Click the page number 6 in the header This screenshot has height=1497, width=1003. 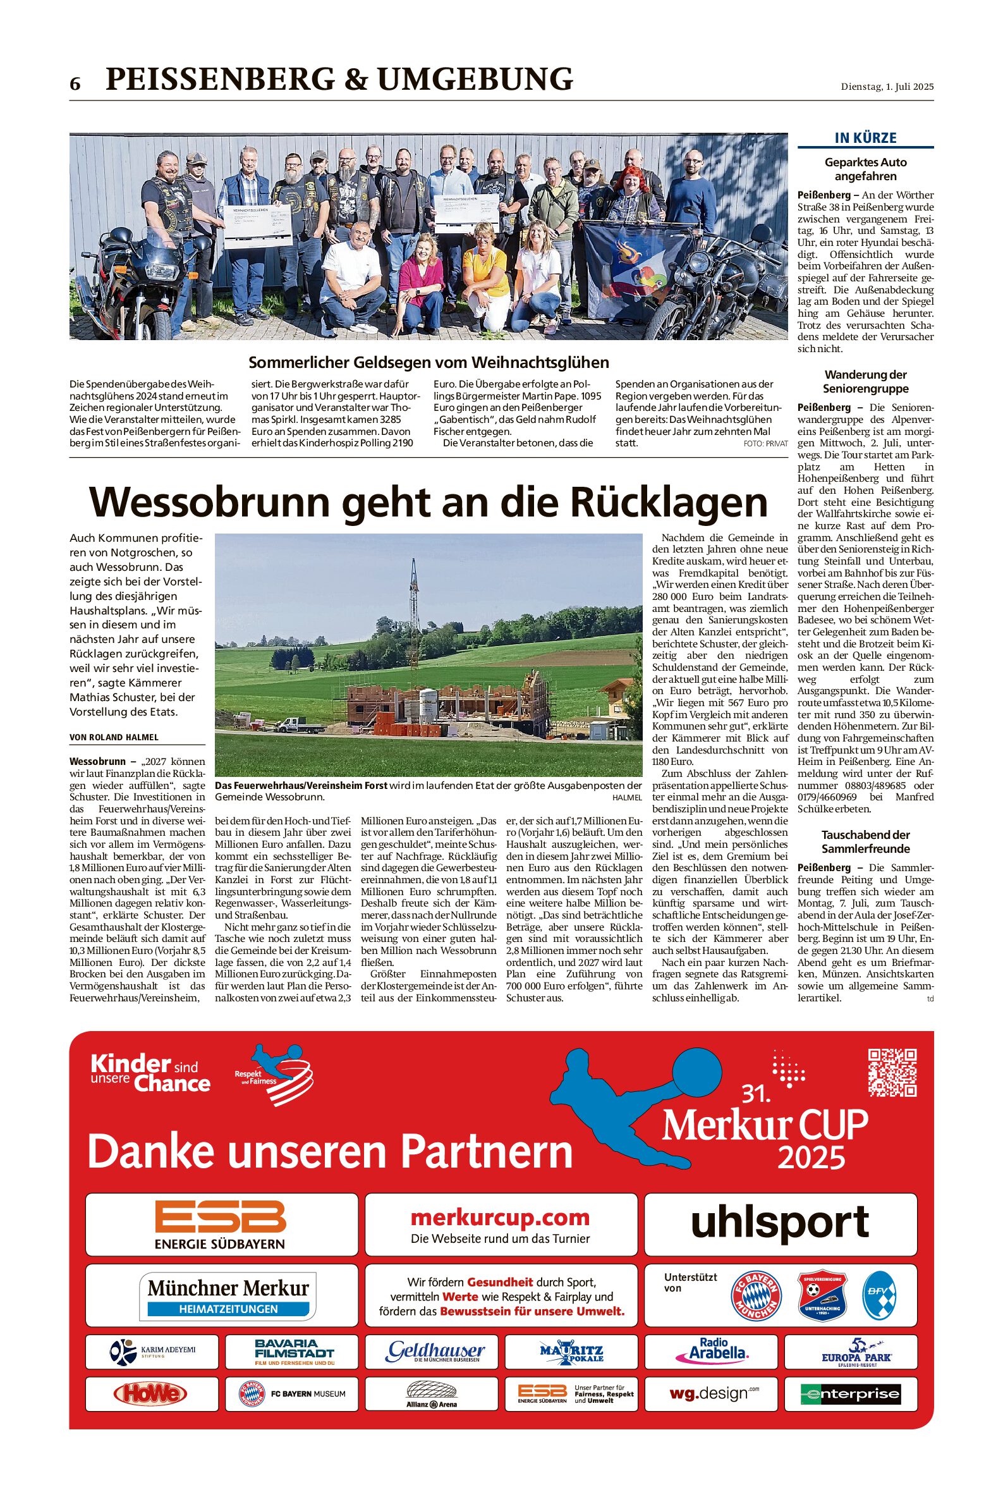pyautogui.click(x=75, y=84)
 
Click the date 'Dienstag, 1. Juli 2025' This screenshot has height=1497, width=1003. pyautogui.click(x=887, y=87)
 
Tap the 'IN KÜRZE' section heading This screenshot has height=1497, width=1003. pyautogui.click(x=865, y=138)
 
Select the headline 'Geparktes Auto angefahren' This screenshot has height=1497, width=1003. pyautogui.click(x=865, y=169)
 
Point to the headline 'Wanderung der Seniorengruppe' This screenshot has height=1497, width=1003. pyautogui.click(x=865, y=381)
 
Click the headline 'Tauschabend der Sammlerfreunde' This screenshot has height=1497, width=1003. pyautogui.click(x=865, y=841)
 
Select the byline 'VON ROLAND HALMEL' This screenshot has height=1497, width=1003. pyautogui.click(x=114, y=737)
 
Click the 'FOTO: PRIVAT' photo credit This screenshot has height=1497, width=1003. pyautogui.click(x=766, y=443)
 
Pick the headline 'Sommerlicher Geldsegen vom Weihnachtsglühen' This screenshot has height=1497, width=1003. pyautogui.click(x=429, y=363)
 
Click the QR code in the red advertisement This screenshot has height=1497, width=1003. pyautogui.click(x=892, y=1072)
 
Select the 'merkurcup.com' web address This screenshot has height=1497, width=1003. pyautogui.click(x=500, y=1217)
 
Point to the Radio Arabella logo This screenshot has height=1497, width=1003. pyautogui.click(x=711, y=1350)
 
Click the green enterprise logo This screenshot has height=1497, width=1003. pyautogui.click(x=851, y=1393)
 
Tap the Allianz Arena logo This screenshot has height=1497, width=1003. pyautogui.click(x=432, y=1394)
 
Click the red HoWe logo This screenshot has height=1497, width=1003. pyautogui.click(x=150, y=1393)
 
